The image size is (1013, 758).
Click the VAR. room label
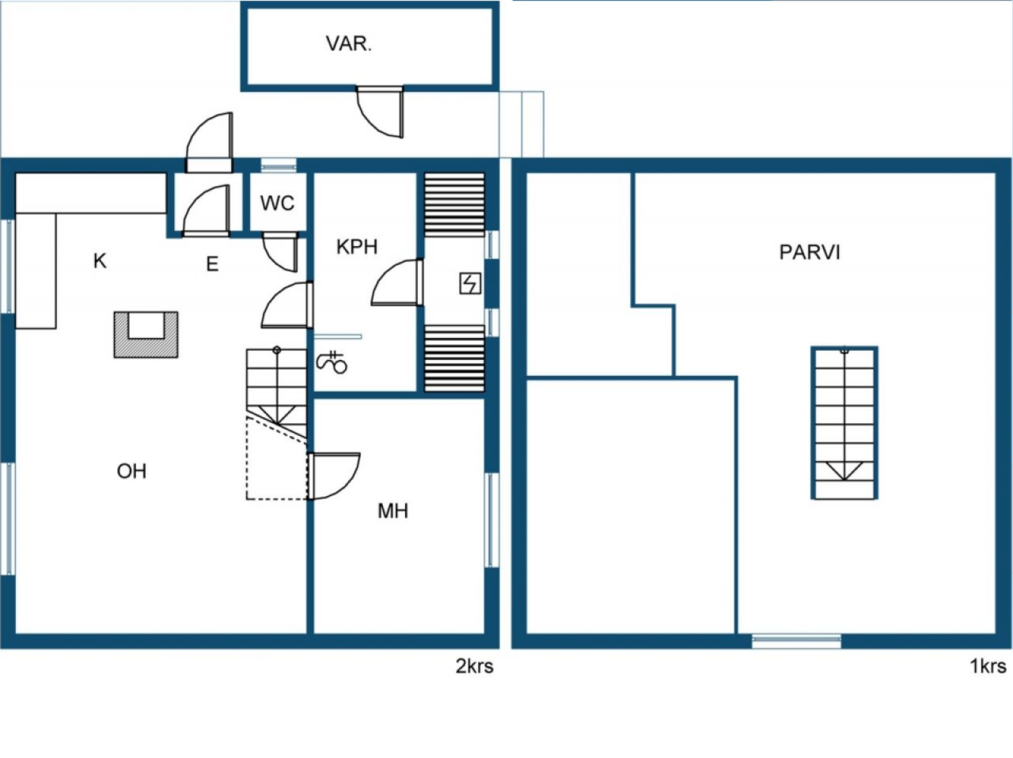pos(348,44)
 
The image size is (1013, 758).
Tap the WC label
pos(277,203)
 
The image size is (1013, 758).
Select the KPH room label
pos(357,247)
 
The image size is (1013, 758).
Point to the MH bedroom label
pos(393,511)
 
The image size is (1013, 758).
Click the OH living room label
pos(131,472)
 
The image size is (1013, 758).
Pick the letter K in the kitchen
pos(100,261)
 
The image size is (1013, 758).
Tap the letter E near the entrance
pos(212,264)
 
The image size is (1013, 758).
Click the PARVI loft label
pos(810,252)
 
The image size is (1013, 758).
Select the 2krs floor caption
pos(474,666)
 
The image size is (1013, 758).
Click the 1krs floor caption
pos(988,666)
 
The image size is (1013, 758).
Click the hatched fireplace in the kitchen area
pos(146,335)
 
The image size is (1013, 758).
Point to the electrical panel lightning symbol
pos(470,283)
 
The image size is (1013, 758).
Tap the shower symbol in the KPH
pos(332,362)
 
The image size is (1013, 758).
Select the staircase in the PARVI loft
pos(844,423)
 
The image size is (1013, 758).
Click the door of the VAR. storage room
pos(381,111)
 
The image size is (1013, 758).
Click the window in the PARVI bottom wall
pos(795,641)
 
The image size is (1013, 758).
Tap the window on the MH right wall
pos(491,520)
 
